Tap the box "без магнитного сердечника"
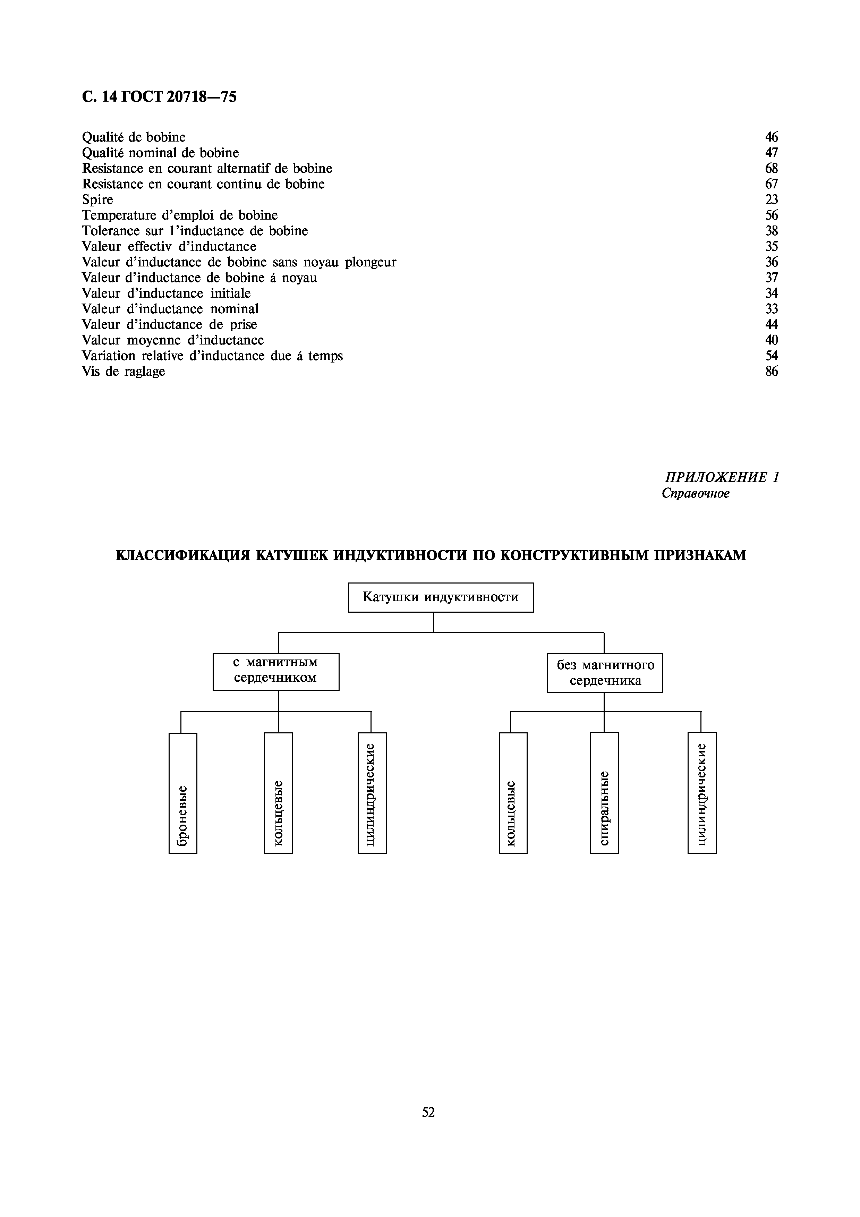coord(605,673)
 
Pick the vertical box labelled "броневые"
coord(183,793)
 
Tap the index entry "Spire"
coord(97,200)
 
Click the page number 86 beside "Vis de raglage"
coord(772,372)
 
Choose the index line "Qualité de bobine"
coord(134,137)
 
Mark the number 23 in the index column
coord(772,200)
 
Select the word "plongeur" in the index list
coord(371,262)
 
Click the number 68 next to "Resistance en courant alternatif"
coord(772,169)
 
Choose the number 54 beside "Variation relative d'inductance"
coord(772,356)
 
